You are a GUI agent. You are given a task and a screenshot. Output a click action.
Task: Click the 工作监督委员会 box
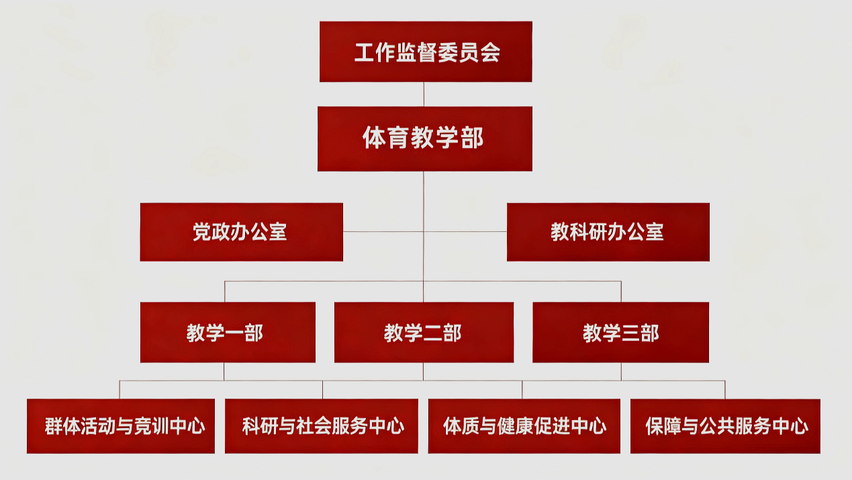426,51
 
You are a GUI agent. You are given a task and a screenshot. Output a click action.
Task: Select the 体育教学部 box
425,138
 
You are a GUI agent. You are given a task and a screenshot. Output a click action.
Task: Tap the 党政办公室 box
242,232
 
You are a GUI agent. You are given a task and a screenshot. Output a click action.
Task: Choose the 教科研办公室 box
608,232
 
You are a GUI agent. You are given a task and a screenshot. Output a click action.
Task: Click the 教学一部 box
228,332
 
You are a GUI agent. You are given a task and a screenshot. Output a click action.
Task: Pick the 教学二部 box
424,332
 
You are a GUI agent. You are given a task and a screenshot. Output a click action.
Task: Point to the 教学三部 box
621,332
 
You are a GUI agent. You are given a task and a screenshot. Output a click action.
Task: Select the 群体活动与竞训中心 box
121,426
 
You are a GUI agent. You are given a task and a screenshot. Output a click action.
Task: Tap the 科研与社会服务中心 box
322,426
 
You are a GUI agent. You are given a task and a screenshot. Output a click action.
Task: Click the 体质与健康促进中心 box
524,426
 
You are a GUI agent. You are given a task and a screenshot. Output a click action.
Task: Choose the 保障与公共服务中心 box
725,426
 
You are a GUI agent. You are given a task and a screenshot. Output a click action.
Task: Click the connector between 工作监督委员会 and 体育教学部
424,94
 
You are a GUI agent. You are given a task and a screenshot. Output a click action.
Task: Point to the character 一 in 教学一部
234,333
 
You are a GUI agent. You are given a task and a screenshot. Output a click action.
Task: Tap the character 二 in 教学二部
432,333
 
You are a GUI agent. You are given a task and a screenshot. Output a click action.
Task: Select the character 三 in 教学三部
630,333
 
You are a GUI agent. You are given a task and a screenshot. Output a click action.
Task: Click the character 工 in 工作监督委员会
365,52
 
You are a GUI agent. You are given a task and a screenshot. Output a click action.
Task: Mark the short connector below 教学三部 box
622,371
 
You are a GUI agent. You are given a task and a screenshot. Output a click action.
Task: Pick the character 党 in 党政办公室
202,232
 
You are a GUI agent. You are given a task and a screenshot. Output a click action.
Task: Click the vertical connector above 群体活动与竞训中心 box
120,390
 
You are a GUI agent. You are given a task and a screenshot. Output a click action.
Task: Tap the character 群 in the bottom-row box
54,426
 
